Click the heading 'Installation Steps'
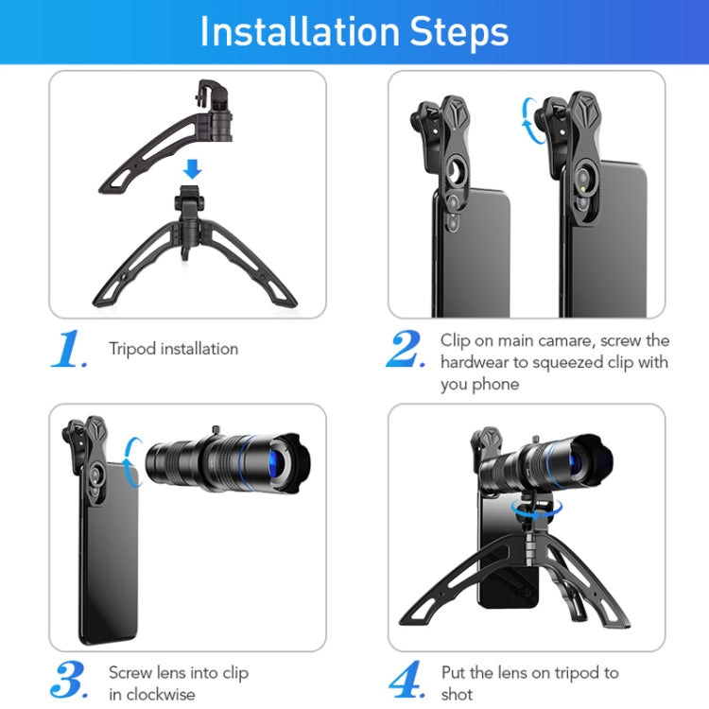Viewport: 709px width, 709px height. click(x=354, y=31)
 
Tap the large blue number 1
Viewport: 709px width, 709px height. click(x=68, y=350)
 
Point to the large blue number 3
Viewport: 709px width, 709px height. click(x=69, y=681)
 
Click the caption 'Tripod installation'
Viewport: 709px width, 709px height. click(x=173, y=349)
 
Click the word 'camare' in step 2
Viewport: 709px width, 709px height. click(x=587, y=339)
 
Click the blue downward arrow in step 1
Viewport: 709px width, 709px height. click(x=193, y=169)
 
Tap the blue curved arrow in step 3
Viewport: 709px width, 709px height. click(x=133, y=460)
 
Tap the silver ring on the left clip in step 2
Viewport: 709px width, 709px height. click(x=456, y=175)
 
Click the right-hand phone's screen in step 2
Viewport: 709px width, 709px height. click(x=614, y=255)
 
